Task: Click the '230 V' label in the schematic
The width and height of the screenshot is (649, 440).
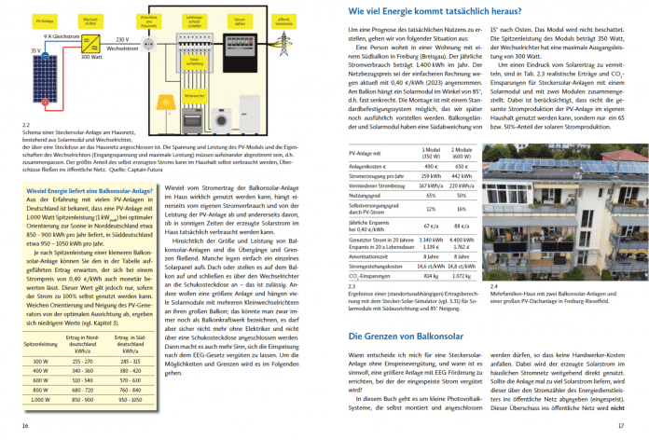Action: (120, 41)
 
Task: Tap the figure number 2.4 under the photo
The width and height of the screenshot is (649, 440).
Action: (492, 285)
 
